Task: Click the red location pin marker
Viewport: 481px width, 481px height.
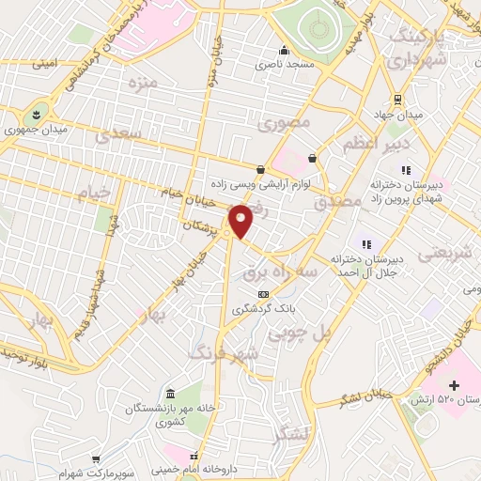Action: click(x=241, y=221)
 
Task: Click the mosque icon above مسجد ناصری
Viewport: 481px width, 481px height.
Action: click(x=283, y=51)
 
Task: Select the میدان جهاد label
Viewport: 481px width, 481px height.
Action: click(x=396, y=116)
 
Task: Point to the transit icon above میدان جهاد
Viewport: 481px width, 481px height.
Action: click(x=397, y=100)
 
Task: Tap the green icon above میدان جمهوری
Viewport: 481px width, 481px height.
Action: click(x=39, y=111)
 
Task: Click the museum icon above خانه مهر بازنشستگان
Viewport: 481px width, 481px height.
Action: click(x=170, y=393)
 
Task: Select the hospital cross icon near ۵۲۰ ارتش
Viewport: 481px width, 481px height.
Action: click(x=455, y=385)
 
